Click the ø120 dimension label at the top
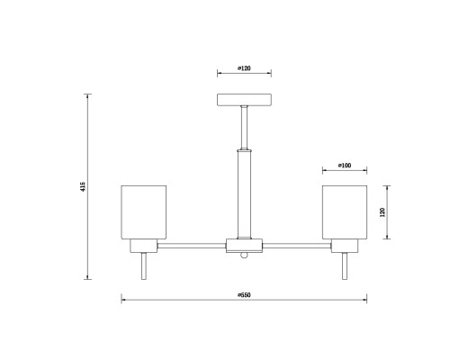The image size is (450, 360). (x=244, y=68)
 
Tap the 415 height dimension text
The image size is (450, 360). (x=83, y=186)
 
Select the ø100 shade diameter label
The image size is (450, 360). (x=345, y=166)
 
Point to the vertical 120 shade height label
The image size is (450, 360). (x=382, y=212)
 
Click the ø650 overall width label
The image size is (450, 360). (x=244, y=295)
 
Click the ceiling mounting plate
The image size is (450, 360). (x=244, y=100)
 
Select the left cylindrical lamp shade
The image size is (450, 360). (x=144, y=212)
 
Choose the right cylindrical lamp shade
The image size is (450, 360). (x=345, y=212)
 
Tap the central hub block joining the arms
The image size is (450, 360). (x=244, y=246)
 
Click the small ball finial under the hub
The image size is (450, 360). (x=244, y=255)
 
